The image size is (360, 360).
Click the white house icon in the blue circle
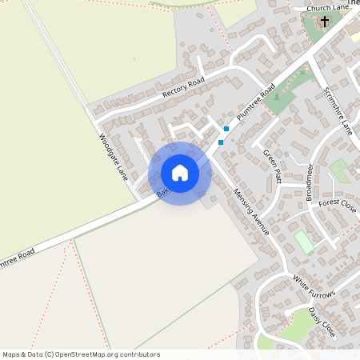click(180, 173)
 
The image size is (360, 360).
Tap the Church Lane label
click(328, 8)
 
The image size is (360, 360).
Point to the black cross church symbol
click(325, 22)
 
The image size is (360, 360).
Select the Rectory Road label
click(183, 87)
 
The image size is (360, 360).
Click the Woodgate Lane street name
click(114, 157)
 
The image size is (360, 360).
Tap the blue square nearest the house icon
click(221, 142)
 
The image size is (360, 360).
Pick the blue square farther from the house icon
click(227, 128)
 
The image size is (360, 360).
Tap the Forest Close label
click(337, 204)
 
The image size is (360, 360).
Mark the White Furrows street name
click(314, 288)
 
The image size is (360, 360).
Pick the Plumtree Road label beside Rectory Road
click(256, 102)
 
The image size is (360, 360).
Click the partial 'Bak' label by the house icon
click(163, 192)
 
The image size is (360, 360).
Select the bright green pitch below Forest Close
click(304, 241)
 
